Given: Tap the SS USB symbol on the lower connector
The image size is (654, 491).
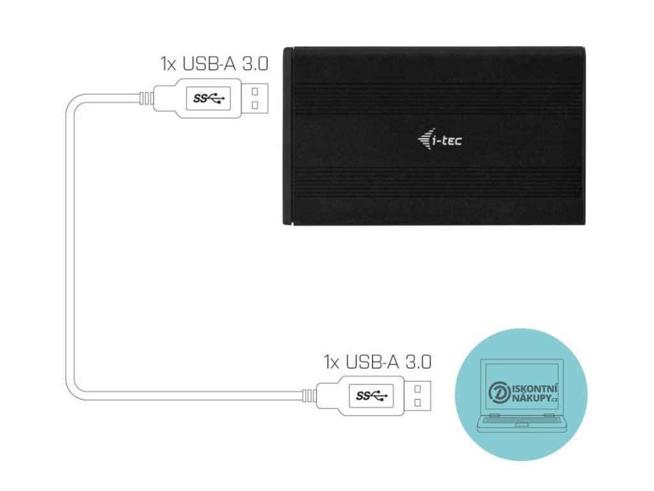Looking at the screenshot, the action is pos(372,395).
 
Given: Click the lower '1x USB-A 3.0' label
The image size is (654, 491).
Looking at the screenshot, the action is pos(377,361).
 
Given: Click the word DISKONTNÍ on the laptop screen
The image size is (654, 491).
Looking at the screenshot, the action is pos(533,387).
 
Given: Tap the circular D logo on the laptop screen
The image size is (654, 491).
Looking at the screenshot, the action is pos(498,393).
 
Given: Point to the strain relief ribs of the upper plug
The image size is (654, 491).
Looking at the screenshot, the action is pos(146,98).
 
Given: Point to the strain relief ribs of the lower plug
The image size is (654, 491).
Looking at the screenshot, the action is pos(309,396).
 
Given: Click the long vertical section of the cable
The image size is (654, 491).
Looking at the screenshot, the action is pos(68,249).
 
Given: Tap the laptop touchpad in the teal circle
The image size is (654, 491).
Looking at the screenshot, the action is pos(521,424).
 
